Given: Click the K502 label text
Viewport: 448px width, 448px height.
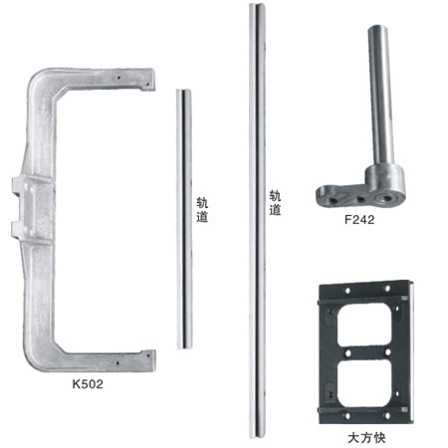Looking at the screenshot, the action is click(x=88, y=384).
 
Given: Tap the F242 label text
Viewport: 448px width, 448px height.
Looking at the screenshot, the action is click(x=359, y=220).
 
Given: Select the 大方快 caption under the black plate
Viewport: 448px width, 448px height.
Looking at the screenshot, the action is click(x=366, y=438).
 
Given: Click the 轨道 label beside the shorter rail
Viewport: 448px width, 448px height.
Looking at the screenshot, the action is click(x=202, y=210).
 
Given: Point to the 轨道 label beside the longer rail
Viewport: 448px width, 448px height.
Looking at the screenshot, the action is click(x=275, y=203).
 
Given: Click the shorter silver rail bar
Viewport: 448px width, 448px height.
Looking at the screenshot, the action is click(x=184, y=219).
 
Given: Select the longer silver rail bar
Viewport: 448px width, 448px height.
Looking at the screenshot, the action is click(x=257, y=221).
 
